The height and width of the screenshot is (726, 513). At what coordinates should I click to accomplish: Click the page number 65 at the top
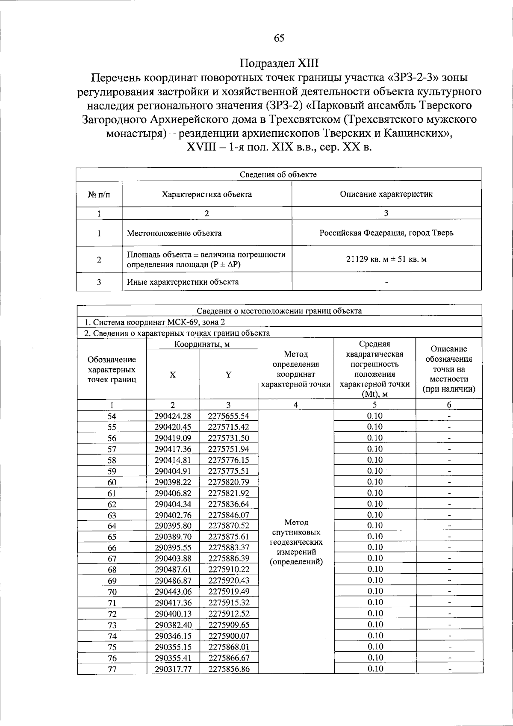[x=279, y=38]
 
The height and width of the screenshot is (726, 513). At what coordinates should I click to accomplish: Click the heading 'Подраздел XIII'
[x=279, y=63]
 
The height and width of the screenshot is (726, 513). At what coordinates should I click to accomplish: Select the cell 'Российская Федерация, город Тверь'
[x=386, y=233]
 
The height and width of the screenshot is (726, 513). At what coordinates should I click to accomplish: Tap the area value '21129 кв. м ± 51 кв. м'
[x=386, y=260]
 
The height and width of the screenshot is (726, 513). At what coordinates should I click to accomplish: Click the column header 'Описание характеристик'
[x=386, y=194]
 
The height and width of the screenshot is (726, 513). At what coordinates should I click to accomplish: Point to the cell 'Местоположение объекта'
[x=174, y=233]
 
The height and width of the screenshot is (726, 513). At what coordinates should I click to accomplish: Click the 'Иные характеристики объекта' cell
[x=183, y=282]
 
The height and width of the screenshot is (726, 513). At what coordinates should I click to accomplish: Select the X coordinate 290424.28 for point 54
[x=173, y=416]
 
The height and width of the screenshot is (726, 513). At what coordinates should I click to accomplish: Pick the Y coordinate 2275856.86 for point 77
[x=229, y=669]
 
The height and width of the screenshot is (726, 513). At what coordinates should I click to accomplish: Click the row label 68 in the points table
[x=112, y=570]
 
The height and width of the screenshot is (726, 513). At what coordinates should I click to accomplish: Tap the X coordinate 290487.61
[x=173, y=569]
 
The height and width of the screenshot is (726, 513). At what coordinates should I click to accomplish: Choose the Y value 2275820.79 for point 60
[x=229, y=482]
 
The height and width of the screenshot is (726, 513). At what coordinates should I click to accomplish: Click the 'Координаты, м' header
[x=202, y=344]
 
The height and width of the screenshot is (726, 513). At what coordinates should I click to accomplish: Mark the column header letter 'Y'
[x=229, y=375]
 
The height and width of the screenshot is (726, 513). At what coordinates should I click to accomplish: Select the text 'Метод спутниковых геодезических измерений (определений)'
[x=296, y=542]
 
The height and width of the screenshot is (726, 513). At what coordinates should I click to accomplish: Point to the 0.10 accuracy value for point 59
[x=375, y=471]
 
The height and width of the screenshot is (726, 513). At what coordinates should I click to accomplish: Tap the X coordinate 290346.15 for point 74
[x=173, y=636]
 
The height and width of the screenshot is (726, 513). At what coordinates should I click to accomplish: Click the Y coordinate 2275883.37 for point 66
[x=229, y=547]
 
